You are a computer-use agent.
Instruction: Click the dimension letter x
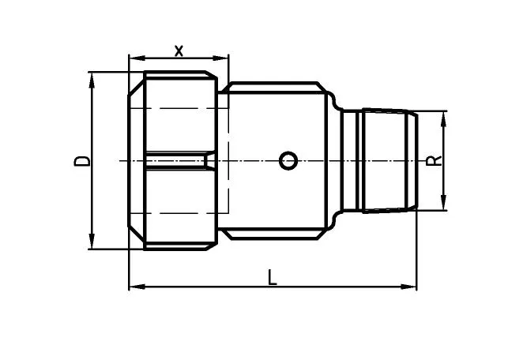coord(179,51)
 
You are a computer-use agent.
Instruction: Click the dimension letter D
coord(81,161)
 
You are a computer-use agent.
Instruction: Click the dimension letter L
coord(273,278)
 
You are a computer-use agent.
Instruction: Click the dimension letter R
coord(434,161)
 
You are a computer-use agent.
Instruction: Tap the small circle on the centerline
coord(288,161)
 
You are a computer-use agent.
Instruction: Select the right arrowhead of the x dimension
coord(220,58)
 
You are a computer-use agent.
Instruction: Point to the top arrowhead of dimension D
coord(92,81)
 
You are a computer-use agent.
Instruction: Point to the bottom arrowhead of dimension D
coord(92,241)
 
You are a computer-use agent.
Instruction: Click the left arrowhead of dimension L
coord(137,287)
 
